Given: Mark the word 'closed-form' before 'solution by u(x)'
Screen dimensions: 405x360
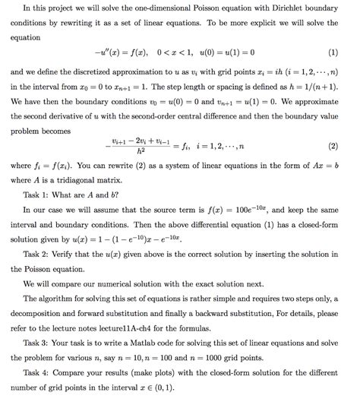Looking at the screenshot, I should (x=319, y=225).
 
